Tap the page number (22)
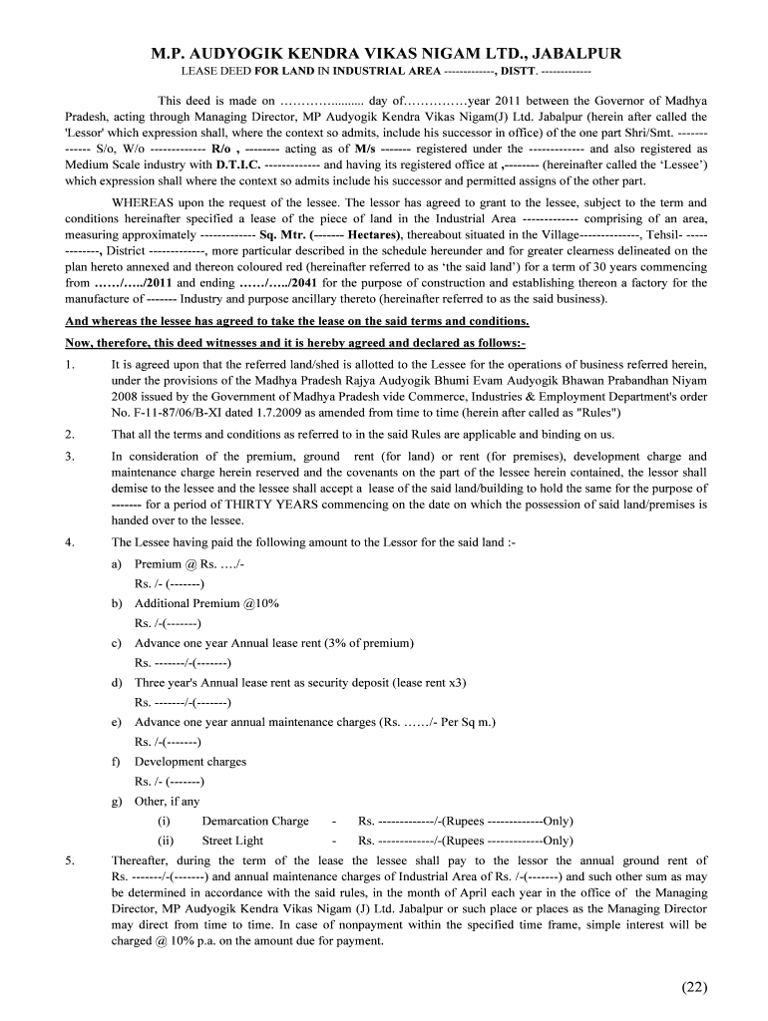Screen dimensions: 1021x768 click(x=694, y=987)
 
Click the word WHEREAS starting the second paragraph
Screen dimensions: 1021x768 click(x=144, y=202)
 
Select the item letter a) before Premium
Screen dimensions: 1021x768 click(x=117, y=564)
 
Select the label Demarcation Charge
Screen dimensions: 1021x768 click(x=254, y=821)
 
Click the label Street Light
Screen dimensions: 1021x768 click(x=232, y=841)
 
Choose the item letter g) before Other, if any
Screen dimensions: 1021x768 click(x=117, y=801)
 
